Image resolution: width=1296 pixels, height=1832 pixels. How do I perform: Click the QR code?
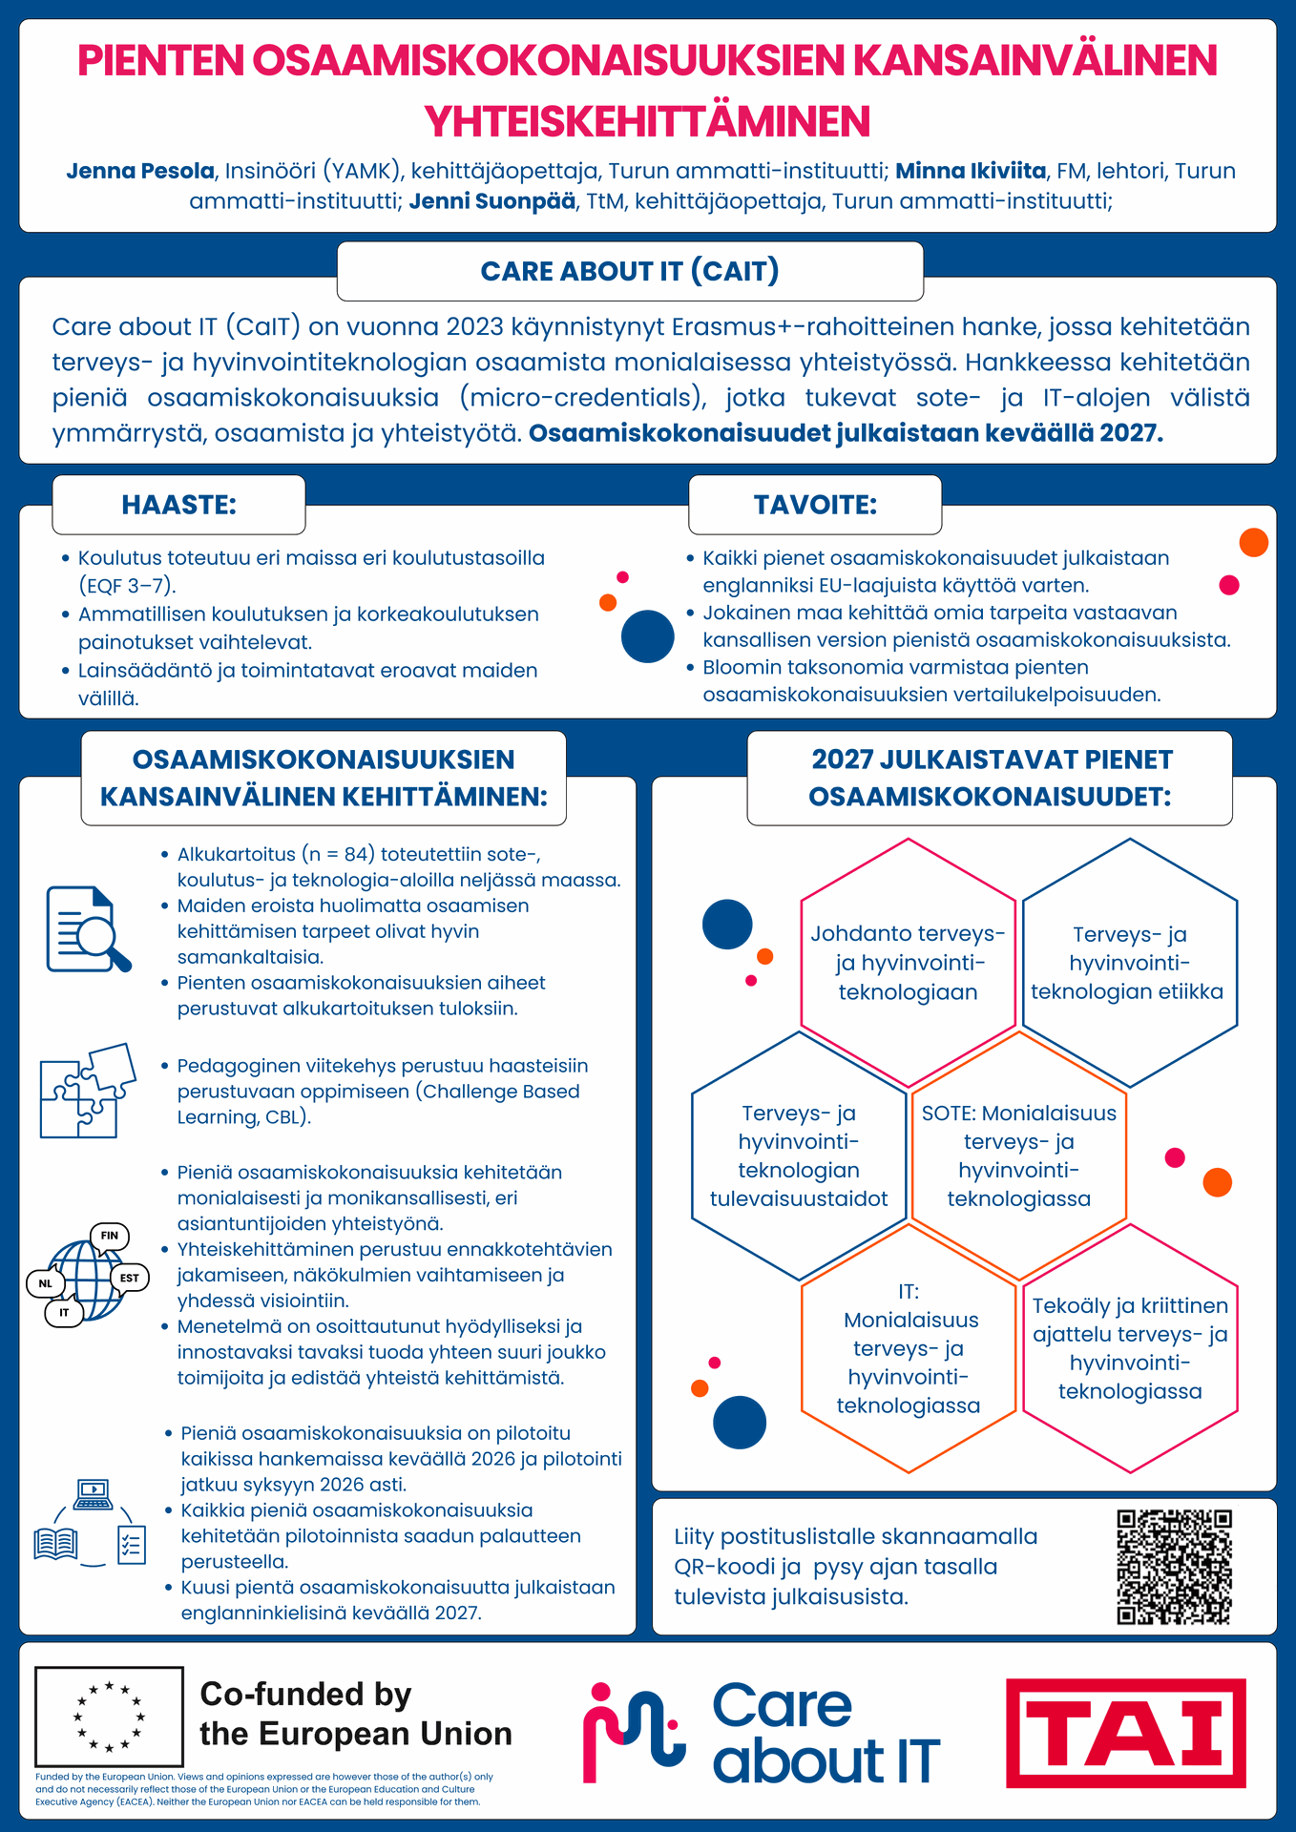coord(1174,1566)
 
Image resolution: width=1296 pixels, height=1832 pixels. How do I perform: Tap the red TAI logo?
coord(1125,1733)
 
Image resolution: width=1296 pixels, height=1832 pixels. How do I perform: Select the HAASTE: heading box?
coord(178,505)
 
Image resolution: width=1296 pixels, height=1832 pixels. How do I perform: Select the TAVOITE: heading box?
coord(815,505)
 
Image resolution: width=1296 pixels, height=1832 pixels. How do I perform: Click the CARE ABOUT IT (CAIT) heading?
coord(630,271)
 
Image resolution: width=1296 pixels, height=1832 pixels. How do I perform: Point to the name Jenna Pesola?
coord(140,171)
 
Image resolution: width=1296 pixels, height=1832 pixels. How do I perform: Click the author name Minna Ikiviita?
coord(971,171)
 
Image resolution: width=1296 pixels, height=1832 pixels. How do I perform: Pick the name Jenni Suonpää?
coord(491,201)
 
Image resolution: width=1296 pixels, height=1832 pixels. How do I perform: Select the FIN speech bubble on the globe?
coord(109,1236)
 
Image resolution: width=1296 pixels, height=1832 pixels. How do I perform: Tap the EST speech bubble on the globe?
coord(129,1278)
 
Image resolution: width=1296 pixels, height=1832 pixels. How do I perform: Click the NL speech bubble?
coord(45,1283)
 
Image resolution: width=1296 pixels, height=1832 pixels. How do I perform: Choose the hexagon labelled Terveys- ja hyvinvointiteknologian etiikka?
coord(1129,963)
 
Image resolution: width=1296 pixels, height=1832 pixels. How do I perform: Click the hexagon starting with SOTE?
coord(1018,1155)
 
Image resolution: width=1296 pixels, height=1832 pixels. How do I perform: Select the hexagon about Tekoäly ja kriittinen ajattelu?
coord(1130,1347)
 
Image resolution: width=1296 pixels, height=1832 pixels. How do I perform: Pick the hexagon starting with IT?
coord(908,1348)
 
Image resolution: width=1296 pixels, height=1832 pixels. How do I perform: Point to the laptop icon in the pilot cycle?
coord(93,1494)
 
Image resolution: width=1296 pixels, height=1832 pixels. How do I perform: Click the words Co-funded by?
coord(305,1694)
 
